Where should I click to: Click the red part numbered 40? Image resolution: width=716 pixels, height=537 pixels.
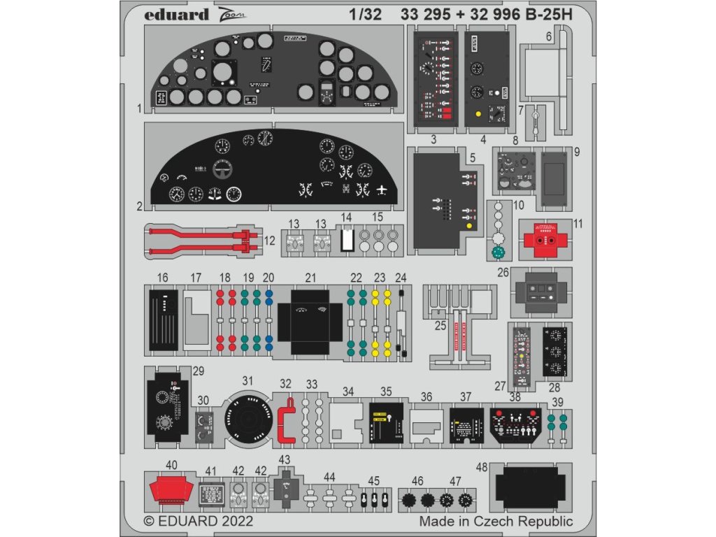coord(171,487)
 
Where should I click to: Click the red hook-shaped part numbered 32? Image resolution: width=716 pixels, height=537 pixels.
coord(285,420)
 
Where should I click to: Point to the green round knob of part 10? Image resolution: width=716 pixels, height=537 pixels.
coord(498,252)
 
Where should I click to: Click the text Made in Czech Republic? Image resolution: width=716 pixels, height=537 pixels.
coord(496,522)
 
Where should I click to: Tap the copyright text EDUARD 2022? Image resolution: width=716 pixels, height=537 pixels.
coord(198,522)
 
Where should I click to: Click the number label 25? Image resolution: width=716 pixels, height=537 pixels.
coord(440,326)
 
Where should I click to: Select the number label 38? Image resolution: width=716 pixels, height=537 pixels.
coord(515,396)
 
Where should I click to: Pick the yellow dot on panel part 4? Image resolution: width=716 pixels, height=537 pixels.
coord(478,113)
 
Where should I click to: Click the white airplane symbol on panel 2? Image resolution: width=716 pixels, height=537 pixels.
coord(382,189)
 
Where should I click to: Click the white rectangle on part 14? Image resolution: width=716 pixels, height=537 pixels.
coord(346,240)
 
